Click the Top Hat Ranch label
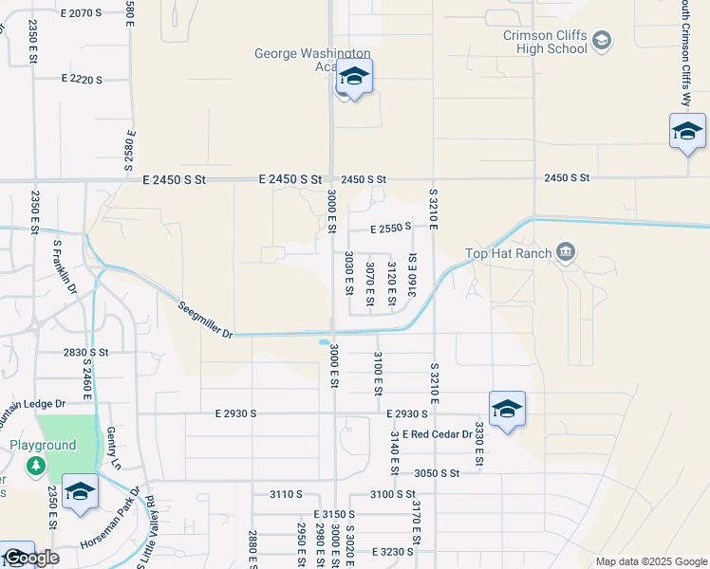[508, 253]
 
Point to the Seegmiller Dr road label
[206, 318]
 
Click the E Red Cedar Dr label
[437, 434]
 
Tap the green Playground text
[43, 446]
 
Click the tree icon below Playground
[36, 466]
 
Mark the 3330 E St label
[480, 444]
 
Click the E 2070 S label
[81, 13]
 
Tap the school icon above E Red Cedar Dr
[507, 409]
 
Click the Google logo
[32, 558]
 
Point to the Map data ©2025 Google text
[651, 561]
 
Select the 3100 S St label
[393, 494]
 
